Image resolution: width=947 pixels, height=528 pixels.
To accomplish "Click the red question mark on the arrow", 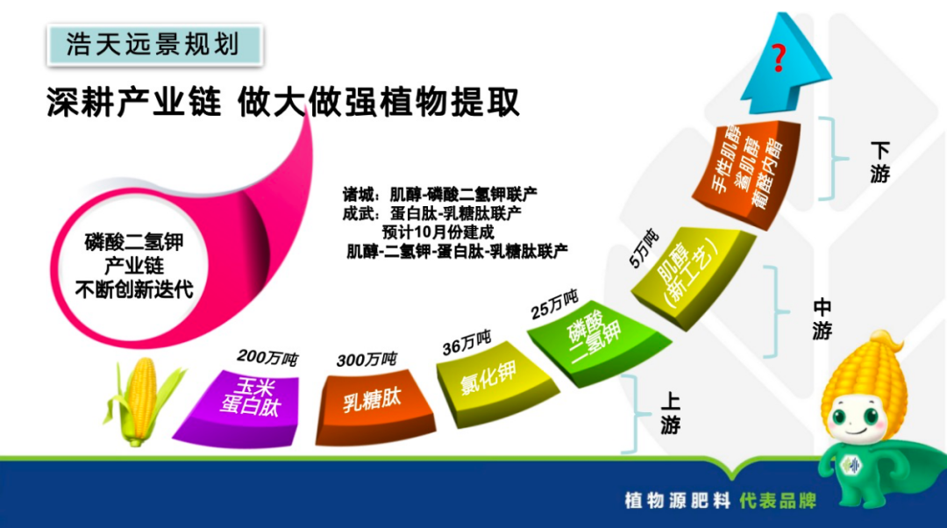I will click(777, 60).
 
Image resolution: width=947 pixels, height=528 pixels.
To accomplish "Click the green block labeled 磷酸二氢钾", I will click(593, 334).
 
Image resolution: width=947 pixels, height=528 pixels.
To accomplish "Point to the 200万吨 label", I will click(267, 358).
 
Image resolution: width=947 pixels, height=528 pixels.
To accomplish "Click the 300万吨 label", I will click(367, 360).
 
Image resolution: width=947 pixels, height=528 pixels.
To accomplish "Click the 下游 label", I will click(879, 162).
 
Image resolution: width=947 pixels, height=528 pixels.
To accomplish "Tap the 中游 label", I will click(822, 318).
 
